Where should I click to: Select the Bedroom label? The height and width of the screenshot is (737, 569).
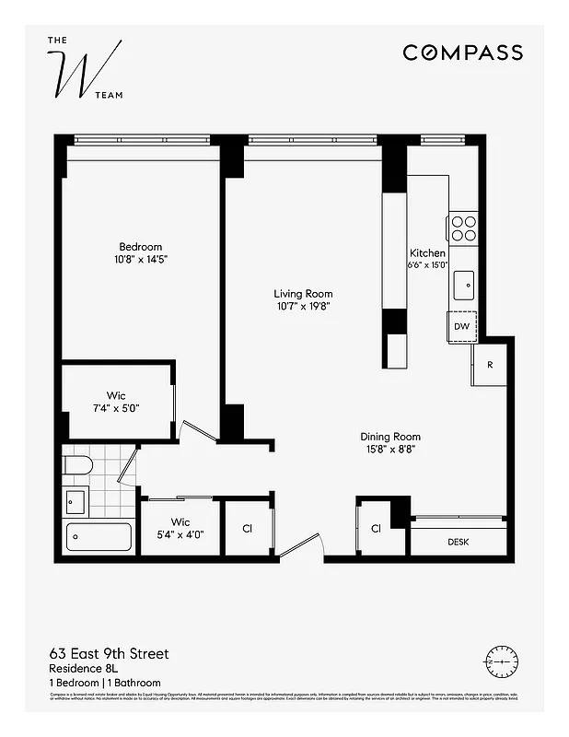(x=140, y=246)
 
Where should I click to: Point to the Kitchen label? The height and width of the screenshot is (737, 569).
(x=427, y=252)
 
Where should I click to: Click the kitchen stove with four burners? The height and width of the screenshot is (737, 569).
(x=462, y=228)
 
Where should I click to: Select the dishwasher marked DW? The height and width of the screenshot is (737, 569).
(x=462, y=326)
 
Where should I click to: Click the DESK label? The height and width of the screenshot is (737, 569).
(x=458, y=542)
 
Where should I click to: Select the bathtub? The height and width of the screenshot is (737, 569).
(x=99, y=539)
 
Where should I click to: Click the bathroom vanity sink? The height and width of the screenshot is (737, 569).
(x=75, y=501)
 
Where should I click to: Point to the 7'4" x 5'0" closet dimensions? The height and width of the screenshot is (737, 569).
(x=115, y=408)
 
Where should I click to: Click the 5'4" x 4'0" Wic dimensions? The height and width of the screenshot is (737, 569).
(x=180, y=533)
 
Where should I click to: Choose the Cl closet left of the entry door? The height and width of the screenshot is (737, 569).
(x=247, y=529)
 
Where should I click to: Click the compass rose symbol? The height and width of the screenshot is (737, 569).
(x=501, y=660)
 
